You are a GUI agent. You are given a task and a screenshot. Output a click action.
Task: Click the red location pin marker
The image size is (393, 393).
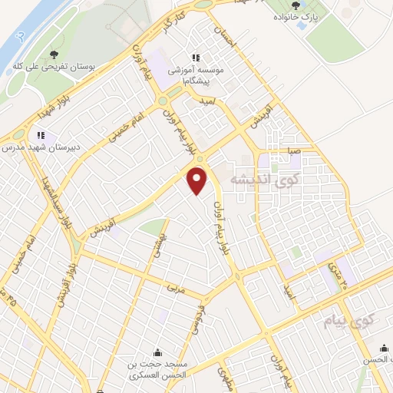click(x=198, y=180)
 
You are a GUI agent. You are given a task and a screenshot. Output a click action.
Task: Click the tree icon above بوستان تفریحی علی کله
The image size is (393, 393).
click(x=53, y=54)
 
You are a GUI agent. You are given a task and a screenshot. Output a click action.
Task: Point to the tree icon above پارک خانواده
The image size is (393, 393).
click(x=296, y=5)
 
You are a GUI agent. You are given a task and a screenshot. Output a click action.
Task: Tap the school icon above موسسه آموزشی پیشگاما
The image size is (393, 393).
click(x=196, y=57)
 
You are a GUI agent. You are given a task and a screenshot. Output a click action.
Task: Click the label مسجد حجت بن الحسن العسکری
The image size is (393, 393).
click(x=158, y=370)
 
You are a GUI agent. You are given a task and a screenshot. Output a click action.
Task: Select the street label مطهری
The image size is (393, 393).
click(x=223, y=376)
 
